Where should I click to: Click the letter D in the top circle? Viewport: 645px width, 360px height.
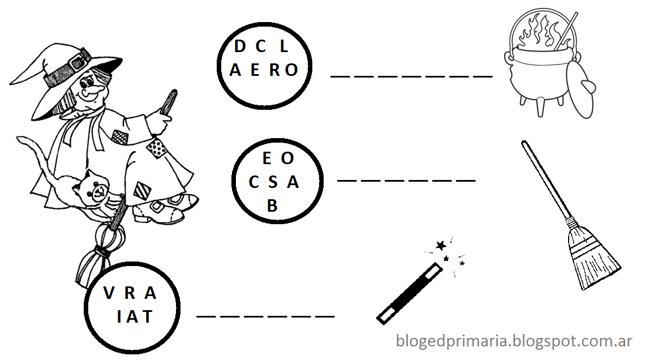(240, 47)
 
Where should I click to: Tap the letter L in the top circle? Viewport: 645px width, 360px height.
(284, 47)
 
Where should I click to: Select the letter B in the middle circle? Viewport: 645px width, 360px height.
(273, 206)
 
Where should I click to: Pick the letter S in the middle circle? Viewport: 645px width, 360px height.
(273, 182)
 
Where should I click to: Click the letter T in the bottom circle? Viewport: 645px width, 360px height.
(148, 316)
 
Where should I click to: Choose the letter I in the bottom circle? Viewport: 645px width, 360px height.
(119, 316)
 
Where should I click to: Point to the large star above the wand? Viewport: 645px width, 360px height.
(441, 246)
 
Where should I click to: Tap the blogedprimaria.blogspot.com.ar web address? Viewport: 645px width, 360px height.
(514, 341)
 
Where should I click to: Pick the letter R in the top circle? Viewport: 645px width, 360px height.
(275, 70)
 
